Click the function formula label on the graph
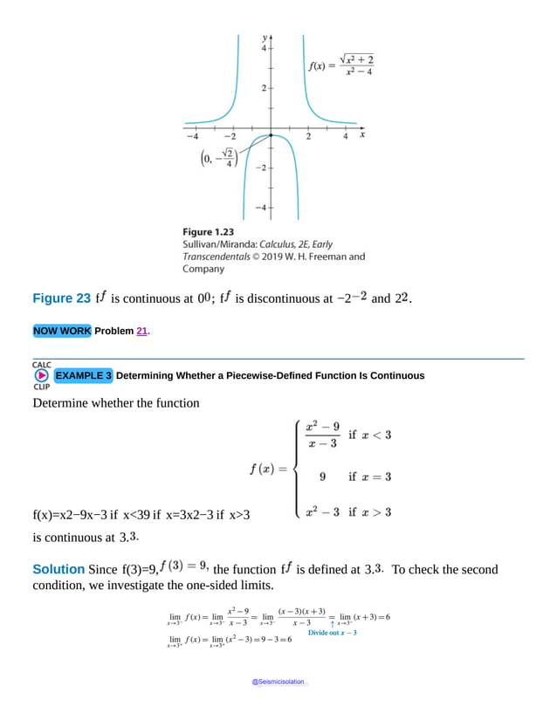pyautogui.click(x=340, y=65)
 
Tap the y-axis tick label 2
pyautogui.click(x=264, y=88)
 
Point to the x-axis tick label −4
pyautogui.click(x=191, y=136)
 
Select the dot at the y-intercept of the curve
pyautogui.click(x=271, y=135)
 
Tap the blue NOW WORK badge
pyautogui.click(x=62, y=331)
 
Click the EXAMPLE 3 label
pyautogui.click(x=83, y=375)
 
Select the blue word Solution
pyautogui.click(x=58, y=569)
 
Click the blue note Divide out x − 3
pyautogui.click(x=333, y=633)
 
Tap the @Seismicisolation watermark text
pyautogui.click(x=278, y=682)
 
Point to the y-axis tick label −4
pyautogui.click(x=261, y=208)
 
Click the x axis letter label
pyautogui.click(x=362, y=135)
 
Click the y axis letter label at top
pyautogui.click(x=265, y=38)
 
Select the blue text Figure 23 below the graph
pyautogui.click(x=61, y=298)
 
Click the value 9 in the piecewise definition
pyautogui.click(x=323, y=477)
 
